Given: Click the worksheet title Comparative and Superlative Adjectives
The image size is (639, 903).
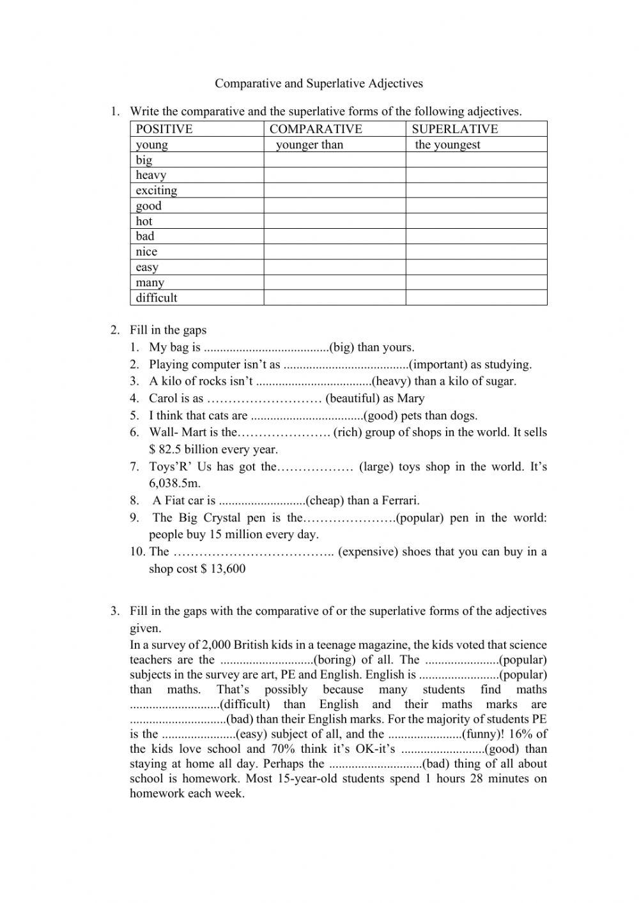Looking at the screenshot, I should [x=318, y=83].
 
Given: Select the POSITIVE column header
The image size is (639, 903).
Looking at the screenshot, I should [x=164, y=129].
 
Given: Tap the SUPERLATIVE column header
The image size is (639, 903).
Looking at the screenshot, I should [x=454, y=129].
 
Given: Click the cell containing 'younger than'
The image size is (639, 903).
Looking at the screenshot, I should [x=309, y=144].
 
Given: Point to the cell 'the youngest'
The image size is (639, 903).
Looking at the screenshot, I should [x=447, y=144].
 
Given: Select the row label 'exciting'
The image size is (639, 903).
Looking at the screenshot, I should [x=157, y=190].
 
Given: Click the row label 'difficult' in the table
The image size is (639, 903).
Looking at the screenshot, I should [x=157, y=298].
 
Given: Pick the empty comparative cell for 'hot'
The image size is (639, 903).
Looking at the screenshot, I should [x=334, y=221].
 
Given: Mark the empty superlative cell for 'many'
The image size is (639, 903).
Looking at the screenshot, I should [x=476, y=282].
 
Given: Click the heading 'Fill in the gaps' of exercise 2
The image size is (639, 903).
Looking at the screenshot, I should [x=168, y=330].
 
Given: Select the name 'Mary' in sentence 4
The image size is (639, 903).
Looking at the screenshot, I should [x=410, y=399].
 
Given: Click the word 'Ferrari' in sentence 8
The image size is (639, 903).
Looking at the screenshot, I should [x=399, y=500].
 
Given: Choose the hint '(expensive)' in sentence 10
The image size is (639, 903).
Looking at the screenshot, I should [x=367, y=552].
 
